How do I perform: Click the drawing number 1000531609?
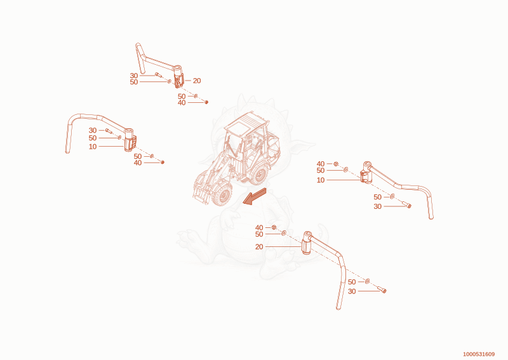pos(479,354)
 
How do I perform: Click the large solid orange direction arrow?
pos(255,196)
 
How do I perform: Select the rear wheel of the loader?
pos(259,175)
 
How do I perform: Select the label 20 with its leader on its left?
pos(197,81)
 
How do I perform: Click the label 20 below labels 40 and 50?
pos(259,247)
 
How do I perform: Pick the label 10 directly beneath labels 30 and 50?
pos(93,147)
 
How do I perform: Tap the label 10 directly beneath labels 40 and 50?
pos(321,180)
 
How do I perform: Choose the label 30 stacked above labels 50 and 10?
pos(93,130)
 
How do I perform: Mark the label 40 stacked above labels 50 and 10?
pos(321,164)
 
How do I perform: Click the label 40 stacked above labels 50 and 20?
pos(259,228)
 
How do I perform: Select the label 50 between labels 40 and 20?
pos(259,234)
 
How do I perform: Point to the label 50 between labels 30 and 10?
pos(93,138)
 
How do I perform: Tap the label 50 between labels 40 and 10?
pos(321,170)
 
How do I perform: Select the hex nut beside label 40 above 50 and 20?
pos(274,227)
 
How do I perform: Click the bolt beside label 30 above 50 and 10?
pos(108,131)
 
